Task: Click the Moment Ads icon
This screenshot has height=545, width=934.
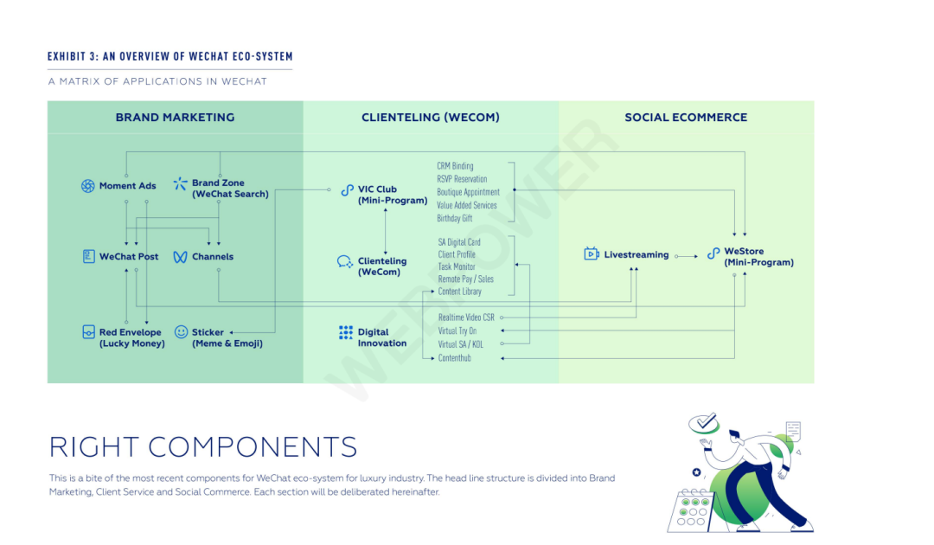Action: [x=87, y=186]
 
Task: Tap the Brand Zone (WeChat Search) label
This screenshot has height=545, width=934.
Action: [x=230, y=189]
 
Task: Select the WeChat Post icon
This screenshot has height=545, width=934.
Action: [x=88, y=257]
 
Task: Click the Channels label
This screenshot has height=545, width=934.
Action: [x=213, y=257]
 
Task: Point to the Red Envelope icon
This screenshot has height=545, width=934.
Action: [x=88, y=332]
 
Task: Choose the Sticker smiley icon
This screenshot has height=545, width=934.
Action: [x=181, y=332]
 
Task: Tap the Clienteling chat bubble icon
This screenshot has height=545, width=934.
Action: [x=344, y=262]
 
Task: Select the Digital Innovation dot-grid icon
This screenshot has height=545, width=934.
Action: [x=346, y=333]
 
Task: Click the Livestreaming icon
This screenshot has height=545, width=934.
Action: [x=592, y=254]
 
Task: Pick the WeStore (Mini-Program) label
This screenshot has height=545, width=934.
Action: [x=758, y=257]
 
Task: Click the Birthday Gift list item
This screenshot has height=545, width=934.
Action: [x=455, y=219]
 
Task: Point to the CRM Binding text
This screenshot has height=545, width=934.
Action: [x=456, y=166]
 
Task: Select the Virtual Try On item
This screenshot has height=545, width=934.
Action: [x=457, y=330]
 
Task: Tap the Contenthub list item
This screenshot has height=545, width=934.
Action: [x=455, y=358]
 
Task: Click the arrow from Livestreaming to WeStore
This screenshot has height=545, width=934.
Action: [x=686, y=256]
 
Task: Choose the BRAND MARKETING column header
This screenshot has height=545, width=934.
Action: [x=175, y=118]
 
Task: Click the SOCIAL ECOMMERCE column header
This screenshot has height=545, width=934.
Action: [x=686, y=118]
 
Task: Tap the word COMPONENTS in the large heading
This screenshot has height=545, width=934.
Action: [x=253, y=447]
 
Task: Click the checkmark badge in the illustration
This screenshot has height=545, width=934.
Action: [x=706, y=423]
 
